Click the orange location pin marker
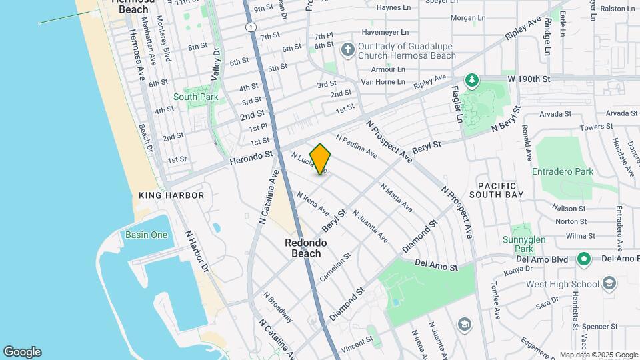[x=321, y=159]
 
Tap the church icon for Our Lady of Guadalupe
[x=347, y=50]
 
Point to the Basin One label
[x=146, y=235]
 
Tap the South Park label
[x=195, y=97]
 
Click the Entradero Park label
[x=563, y=171]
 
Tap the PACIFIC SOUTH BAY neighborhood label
[x=497, y=189]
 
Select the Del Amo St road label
[x=437, y=265]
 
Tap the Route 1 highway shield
[x=249, y=27]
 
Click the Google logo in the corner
[x=22, y=351]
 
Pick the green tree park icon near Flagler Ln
[x=472, y=81]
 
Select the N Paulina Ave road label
[x=357, y=147]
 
